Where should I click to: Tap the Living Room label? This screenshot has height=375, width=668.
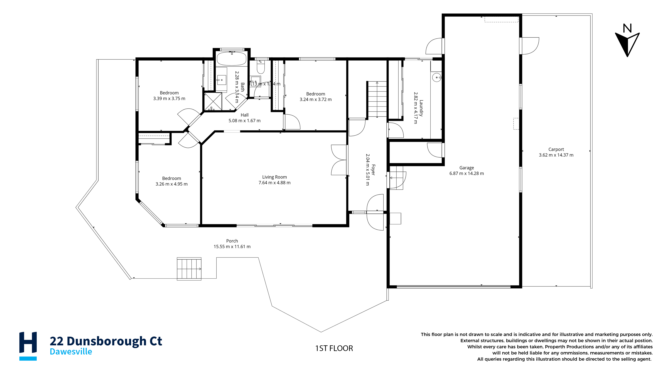tap(274, 177)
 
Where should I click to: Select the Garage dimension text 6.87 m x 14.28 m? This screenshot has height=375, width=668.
tap(466, 173)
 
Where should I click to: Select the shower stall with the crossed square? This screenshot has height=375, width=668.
tap(213, 101)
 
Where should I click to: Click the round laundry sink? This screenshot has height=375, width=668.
tap(437, 77)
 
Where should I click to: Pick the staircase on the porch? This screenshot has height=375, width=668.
tap(189, 269)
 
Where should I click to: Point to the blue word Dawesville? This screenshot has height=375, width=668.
tap(71, 352)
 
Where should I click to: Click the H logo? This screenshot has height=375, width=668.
tap(28, 346)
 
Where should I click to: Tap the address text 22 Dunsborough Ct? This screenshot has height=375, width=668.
tap(106, 341)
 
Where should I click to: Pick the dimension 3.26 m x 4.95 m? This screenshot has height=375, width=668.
tap(171, 184)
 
